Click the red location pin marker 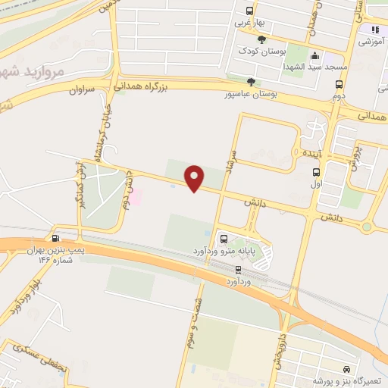[x=195, y=178]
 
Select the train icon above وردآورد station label [x=239, y=269]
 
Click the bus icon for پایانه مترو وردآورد [x=223, y=238]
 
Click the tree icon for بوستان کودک [x=261, y=39]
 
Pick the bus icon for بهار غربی [x=249, y=11]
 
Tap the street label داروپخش [x=280, y=344]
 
